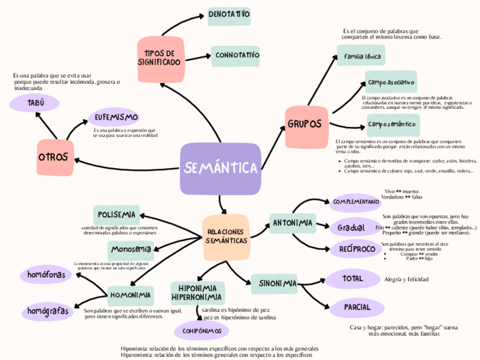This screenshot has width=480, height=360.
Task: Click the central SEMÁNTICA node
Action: click(x=220, y=168)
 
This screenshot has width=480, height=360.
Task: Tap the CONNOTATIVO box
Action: click(x=237, y=55)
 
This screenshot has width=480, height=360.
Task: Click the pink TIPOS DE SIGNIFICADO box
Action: click(x=160, y=58)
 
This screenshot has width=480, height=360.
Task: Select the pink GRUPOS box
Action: click(x=305, y=124)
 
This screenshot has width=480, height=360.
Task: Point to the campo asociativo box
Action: click(x=392, y=83)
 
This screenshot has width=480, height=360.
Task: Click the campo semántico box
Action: click(x=392, y=123)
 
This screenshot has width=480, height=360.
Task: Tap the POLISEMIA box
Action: click(x=116, y=215)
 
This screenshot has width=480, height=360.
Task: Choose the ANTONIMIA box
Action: click(x=293, y=224)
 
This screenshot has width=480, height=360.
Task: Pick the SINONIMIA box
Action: click(x=274, y=282)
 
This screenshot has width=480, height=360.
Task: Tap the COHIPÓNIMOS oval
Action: click(x=202, y=330)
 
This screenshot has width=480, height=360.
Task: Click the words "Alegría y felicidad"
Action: click(x=406, y=279)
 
